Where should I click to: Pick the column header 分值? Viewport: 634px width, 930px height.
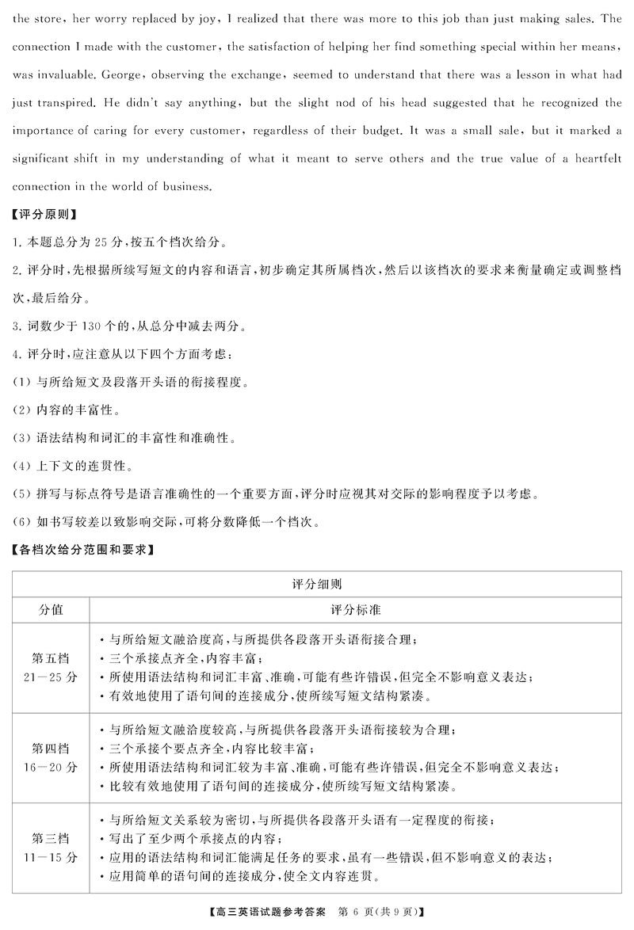tap(52, 611)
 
